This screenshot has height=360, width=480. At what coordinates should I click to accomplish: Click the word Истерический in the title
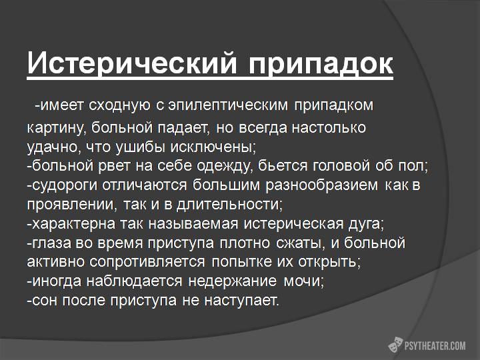[x=132, y=63]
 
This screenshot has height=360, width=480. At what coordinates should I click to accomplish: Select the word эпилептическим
[x=228, y=105]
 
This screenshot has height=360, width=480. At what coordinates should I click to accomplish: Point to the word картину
[x=55, y=128]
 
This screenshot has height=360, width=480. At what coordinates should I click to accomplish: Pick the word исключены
[x=212, y=147]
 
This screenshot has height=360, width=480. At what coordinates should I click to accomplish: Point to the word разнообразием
[x=322, y=185]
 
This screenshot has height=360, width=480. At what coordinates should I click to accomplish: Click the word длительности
[x=229, y=205]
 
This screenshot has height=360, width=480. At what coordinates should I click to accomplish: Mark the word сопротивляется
[x=147, y=262]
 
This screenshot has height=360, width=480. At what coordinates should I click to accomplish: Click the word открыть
[x=329, y=262]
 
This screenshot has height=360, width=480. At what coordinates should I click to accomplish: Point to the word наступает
[x=241, y=301]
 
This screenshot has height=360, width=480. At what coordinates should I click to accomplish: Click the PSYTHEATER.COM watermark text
[x=435, y=346]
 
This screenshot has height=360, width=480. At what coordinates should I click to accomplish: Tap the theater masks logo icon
[x=395, y=345]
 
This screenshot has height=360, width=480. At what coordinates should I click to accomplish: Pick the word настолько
[x=329, y=128]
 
